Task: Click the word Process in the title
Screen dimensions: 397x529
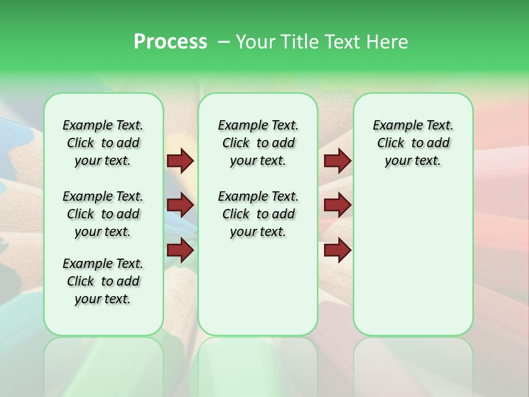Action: coord(170,42)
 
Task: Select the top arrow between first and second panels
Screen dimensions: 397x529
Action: coord(180,161)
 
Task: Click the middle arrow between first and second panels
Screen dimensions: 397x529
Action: coord(180,206)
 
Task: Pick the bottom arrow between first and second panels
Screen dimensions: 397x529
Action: coord(180,250)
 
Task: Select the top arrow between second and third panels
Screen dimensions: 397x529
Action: coord(337,161)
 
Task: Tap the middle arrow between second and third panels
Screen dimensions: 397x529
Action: coord(337,206)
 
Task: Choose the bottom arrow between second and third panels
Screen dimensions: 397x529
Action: coord(337,250)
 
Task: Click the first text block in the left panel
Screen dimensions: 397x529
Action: coord(103,143)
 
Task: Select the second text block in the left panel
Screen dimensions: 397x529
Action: coord(103,214)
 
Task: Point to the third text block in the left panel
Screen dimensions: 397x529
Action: coord(103,281)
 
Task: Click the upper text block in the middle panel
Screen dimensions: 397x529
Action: coord(258,143)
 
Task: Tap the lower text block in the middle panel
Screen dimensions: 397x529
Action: coord(258,214)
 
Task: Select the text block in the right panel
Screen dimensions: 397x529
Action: coord(413,143)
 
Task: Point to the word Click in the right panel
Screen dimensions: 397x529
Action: coord(391,143)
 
